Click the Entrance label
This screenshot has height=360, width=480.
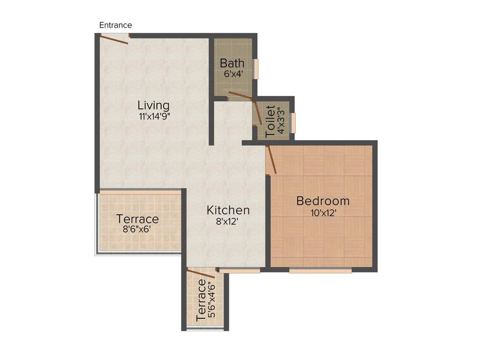(x=115, y=25)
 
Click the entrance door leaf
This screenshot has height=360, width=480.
(x=114, y=40)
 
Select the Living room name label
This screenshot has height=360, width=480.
(x=153, y=105)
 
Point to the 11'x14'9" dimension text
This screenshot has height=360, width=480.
(x=154, y=117)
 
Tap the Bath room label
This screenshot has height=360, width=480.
(x=232, y=63)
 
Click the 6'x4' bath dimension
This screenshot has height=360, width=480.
(x=232, y=74)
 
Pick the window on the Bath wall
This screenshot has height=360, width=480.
(x=256, y=69)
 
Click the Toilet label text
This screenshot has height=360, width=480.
(x=271, y=121)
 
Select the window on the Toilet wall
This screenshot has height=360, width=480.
(x=293, y=123)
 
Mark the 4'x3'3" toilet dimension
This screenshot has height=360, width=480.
(x=281, y=121)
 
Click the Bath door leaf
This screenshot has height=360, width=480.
(x=240, y=96)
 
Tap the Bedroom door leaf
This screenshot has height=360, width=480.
(x=271, y=160)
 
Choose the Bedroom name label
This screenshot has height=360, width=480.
(x=323, y=201)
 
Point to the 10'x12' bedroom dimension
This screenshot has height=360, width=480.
(x=323, y=212)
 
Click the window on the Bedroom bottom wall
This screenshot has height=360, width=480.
(x=320, y=270)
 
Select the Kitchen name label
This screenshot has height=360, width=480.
(x=228, y=210)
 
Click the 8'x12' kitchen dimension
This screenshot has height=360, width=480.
(x=228, y=222)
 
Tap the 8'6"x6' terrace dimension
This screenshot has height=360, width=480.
(x=137, y=230)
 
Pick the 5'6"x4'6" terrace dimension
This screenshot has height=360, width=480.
(x=211, y=300)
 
